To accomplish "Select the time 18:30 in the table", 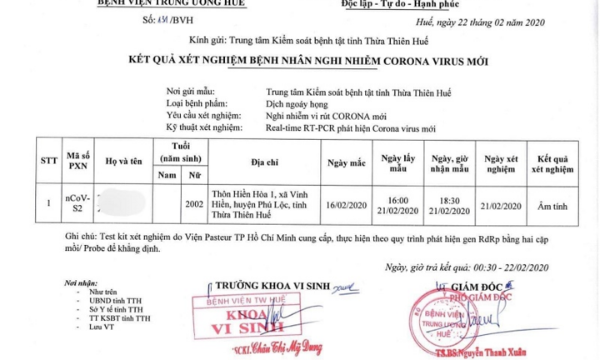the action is [x=450, y=201].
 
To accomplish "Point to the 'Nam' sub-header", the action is [x=167, y=176].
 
